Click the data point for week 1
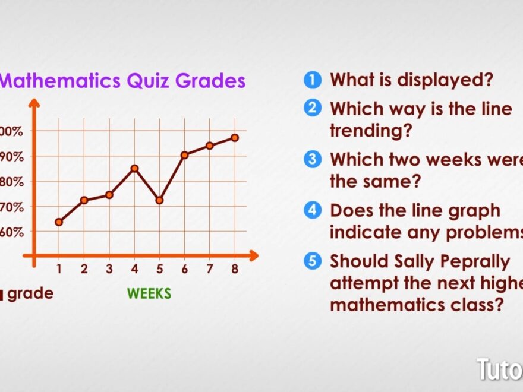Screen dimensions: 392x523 [59, 222]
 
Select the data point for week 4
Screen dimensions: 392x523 [134, 168]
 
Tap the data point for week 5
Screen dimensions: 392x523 [159, 200]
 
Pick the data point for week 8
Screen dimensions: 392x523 [235, 137]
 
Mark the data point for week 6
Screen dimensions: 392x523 [184, 154]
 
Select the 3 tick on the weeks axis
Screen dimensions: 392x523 [109, 269]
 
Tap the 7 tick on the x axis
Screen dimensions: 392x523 [209, 269]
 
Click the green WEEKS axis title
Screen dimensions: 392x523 [149, 293]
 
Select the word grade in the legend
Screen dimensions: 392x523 [30, 293]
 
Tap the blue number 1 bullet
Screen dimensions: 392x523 [312, 80]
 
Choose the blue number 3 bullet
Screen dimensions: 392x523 [312, 160]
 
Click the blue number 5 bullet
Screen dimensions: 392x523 [312, 261]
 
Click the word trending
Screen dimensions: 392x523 [370, 130]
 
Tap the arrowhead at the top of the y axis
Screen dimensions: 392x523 [34, 103]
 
